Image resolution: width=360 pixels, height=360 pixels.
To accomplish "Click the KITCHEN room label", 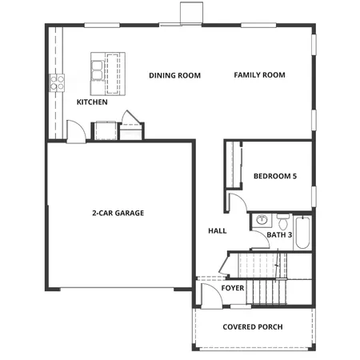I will (92, 102).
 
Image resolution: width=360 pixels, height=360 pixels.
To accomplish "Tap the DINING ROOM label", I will (174, 75).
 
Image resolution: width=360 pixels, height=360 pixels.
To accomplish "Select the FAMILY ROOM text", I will (259, 75).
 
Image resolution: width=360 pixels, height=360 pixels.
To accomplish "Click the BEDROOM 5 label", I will (275, 176).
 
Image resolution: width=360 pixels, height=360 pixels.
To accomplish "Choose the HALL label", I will (217, 230).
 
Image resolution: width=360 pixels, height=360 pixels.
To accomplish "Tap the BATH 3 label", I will (280, 235).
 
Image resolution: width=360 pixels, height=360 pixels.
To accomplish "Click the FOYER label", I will (233, 288).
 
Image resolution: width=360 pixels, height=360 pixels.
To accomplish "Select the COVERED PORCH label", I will (253, 326).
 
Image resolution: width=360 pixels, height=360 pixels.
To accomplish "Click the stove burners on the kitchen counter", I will (58, 80).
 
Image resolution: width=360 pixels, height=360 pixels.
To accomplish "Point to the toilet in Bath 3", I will (282, 218).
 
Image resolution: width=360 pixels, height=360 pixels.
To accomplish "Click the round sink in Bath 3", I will (261, 219).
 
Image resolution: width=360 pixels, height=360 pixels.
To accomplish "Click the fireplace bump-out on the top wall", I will (192, 13).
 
